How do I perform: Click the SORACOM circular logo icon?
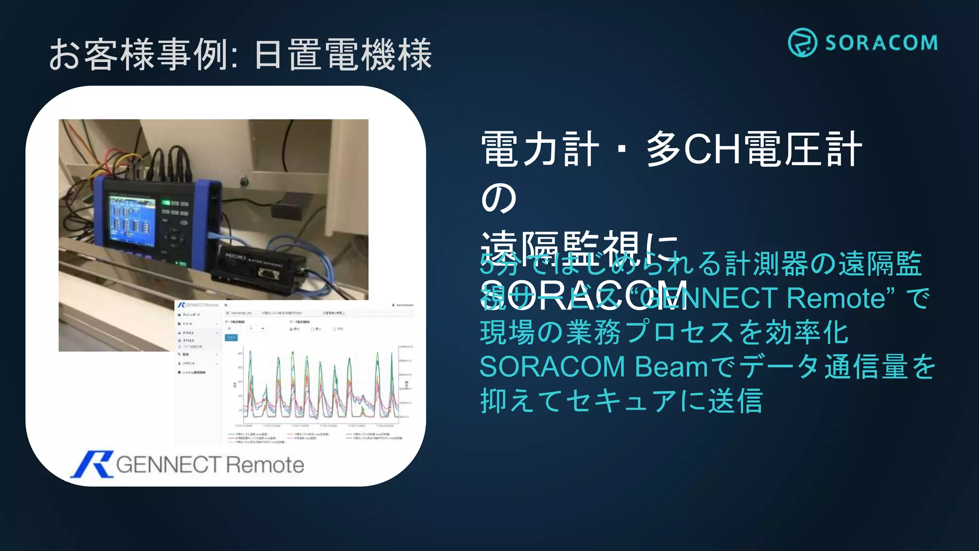pos(802,43)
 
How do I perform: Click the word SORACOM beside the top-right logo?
pos(881,43)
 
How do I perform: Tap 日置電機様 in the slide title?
pos(343,55)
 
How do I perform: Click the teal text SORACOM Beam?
pos(593,367)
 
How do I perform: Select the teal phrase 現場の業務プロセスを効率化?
pos(664,332)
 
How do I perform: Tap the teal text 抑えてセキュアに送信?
pos(620,401)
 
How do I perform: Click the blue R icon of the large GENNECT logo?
pos(92,464)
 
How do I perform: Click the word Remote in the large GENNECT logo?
pos(264,465)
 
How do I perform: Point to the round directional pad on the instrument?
pos(173,237)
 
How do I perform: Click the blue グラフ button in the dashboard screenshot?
pos(231,338)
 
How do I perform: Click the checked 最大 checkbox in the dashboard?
pos(291,329)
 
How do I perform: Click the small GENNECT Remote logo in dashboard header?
pos(197,305)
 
